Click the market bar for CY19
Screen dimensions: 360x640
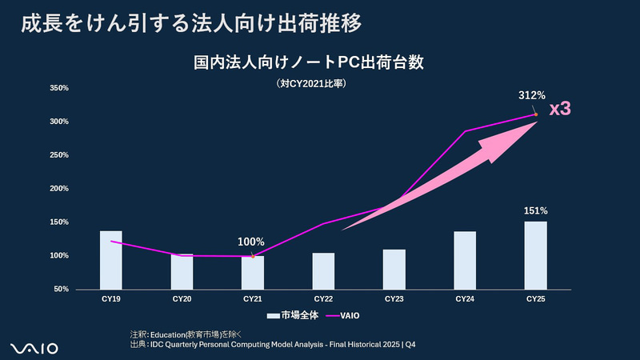pos(111,259)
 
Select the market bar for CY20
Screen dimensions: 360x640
pos(182,272)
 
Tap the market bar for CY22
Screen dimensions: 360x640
pos(323,270)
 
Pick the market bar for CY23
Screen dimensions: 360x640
pos(394,269)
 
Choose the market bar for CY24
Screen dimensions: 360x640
pos(465,260)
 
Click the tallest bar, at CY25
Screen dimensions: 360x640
pos(535,254)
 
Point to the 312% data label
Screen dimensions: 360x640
pos(531,96)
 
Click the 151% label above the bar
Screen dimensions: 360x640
pos(535,210)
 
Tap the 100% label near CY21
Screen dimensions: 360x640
pos(251,242)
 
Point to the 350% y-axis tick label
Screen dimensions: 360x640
pos(59,88)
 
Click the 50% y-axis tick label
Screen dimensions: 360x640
pos(62,289)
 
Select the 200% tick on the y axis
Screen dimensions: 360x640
pos(59,189)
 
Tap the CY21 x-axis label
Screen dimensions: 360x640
pos(253,299)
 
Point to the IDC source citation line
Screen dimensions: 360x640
pos(273,344)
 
